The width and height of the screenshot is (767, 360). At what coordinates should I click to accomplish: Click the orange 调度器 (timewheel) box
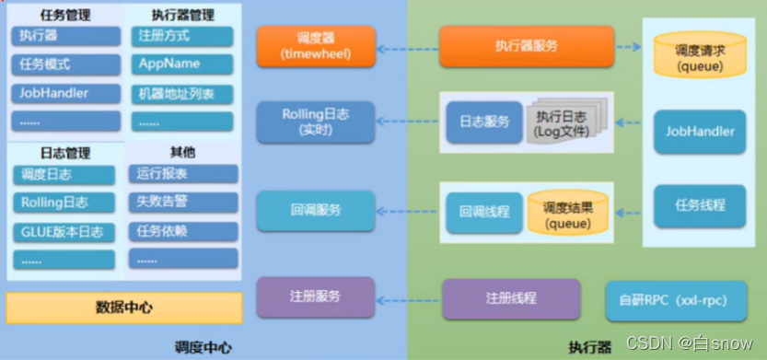(316, 46)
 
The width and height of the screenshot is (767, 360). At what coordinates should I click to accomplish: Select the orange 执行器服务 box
(525, 46)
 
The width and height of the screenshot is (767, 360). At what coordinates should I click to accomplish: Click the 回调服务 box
(316, 210)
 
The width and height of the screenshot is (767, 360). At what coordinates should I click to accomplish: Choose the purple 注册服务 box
(316, 297)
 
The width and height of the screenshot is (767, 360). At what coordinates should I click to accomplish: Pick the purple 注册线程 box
(511, 298)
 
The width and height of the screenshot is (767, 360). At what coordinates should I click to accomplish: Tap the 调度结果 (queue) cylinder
(567, 214)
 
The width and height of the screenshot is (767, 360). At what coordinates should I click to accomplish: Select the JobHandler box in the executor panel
(700, 132)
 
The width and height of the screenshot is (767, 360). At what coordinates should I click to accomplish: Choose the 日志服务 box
(484, 122)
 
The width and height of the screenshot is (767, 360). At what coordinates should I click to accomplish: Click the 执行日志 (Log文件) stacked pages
(564, 124)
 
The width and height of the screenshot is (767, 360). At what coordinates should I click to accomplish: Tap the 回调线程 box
(484, 212)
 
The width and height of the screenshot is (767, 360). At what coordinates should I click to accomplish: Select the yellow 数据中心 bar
(124, 308)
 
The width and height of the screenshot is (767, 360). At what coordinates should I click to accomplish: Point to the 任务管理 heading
(65, 15)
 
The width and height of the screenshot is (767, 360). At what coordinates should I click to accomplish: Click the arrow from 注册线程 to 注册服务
(409, 298)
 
